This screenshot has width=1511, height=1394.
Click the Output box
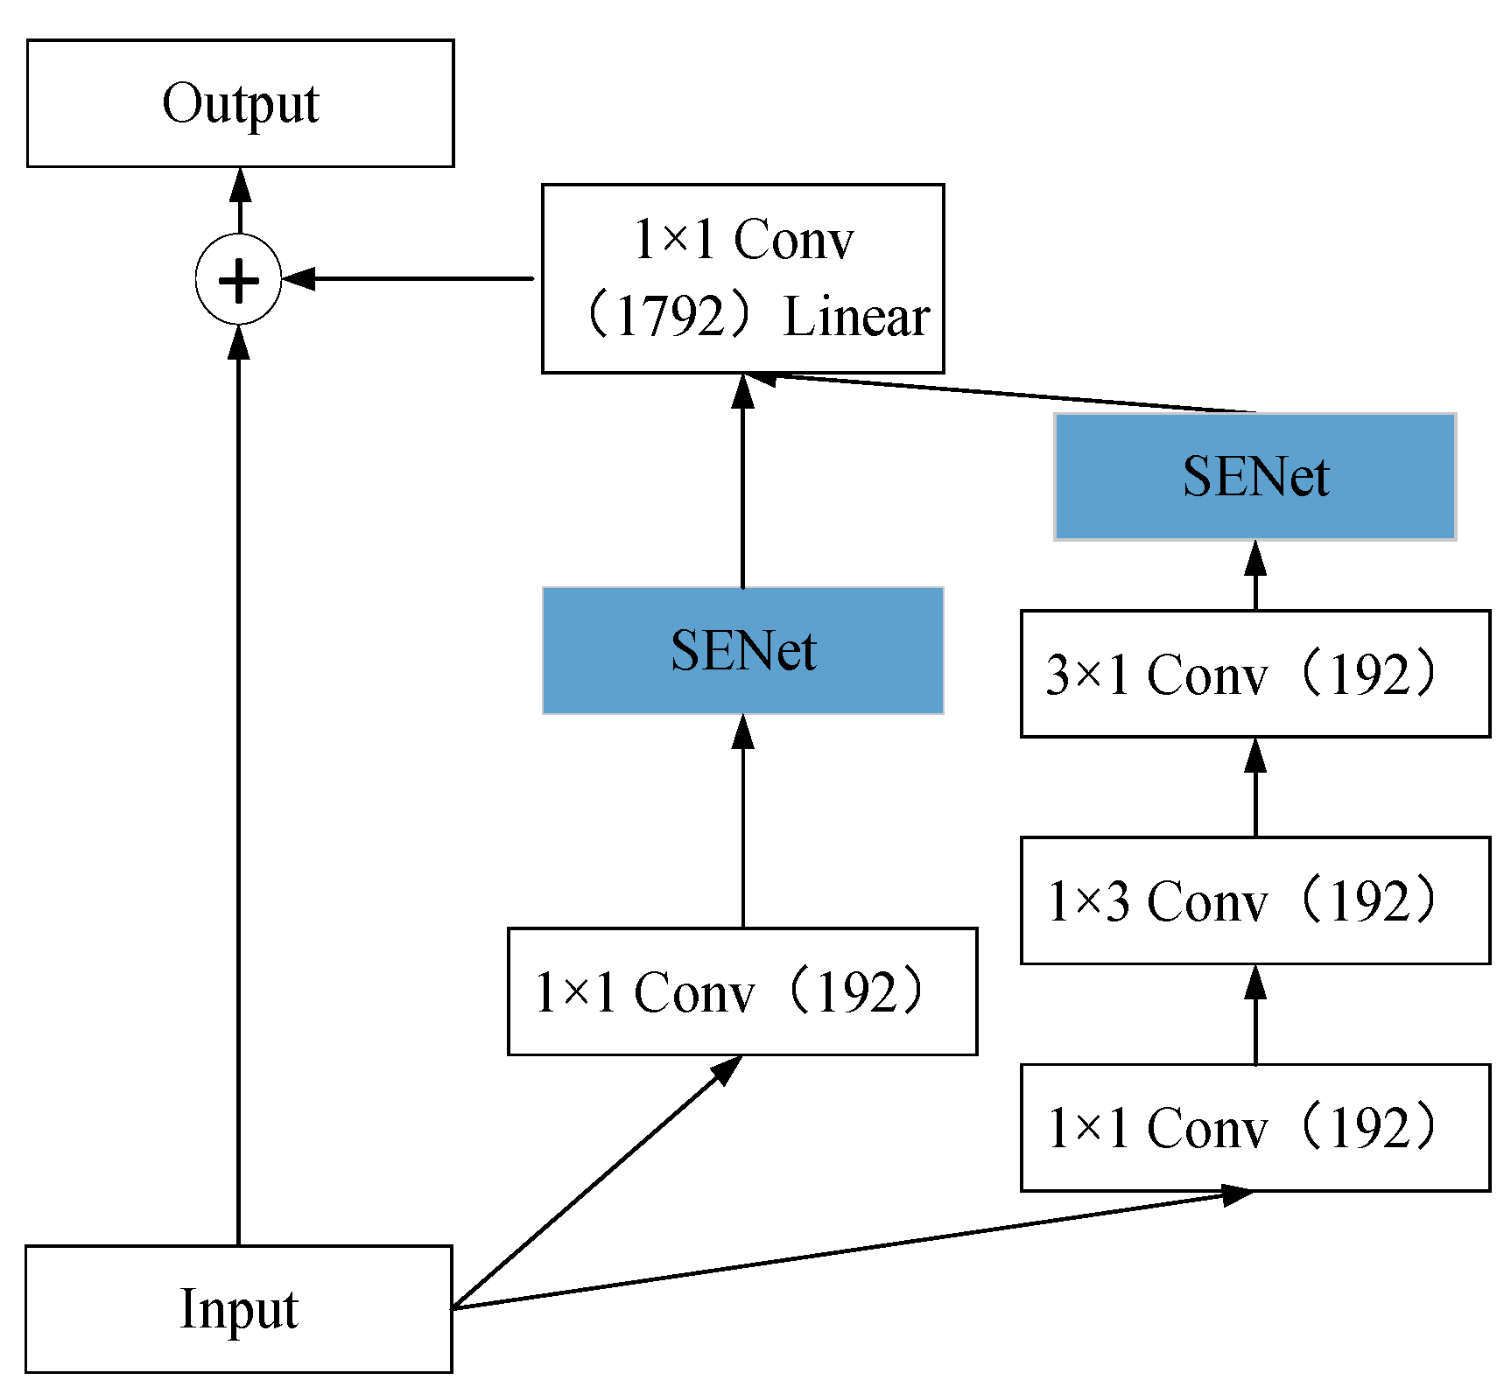[x=240, y=103]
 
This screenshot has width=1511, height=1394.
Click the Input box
[x=238, y=1308]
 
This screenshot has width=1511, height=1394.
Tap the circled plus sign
[x=238, y=280]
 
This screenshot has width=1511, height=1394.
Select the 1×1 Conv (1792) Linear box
[x=742, y=278]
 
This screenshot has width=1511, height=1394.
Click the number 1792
[x=671, y=316]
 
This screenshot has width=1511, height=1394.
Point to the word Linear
[x=855, y=316]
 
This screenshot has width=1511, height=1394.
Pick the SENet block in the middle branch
[x=742, y=650]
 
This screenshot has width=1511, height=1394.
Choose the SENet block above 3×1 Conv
[x=1254, y=476]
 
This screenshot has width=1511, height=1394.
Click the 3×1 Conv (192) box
[x=1254, y=674]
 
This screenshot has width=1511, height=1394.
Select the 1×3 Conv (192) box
[x=1254, y=900]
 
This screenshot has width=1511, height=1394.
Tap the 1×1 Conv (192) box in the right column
[x=1254, y=1127]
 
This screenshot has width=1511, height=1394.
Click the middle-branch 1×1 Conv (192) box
[x=742, y=991]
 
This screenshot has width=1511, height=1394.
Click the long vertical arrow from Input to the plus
[x=238, y=788]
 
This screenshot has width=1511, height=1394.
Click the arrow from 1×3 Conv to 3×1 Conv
[x=1255, y=788]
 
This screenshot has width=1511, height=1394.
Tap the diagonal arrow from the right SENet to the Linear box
[x=1007, y=393]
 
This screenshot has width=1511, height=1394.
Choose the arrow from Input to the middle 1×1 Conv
[x=595, y=1182]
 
